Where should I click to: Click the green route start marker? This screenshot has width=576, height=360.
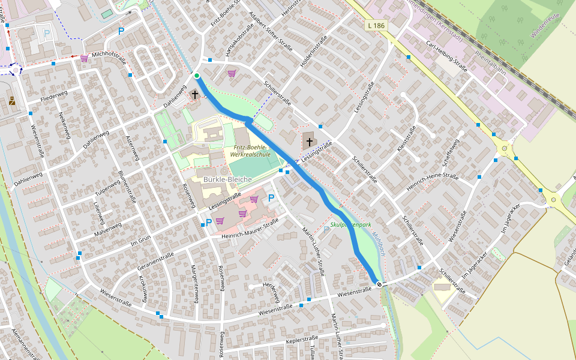pos(197,75)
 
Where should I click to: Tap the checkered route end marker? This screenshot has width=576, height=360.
pos(379,284)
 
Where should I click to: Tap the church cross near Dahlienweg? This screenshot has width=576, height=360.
pos(194,95)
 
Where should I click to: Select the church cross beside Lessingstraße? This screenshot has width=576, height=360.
pos(309,142)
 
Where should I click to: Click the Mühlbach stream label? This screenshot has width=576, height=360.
pos(377,243)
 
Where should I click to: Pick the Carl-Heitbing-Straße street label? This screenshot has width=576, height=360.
pos(446,56)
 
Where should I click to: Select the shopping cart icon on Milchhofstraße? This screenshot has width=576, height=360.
pos(84,58)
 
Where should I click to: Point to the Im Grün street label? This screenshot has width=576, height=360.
pos(140,240)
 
